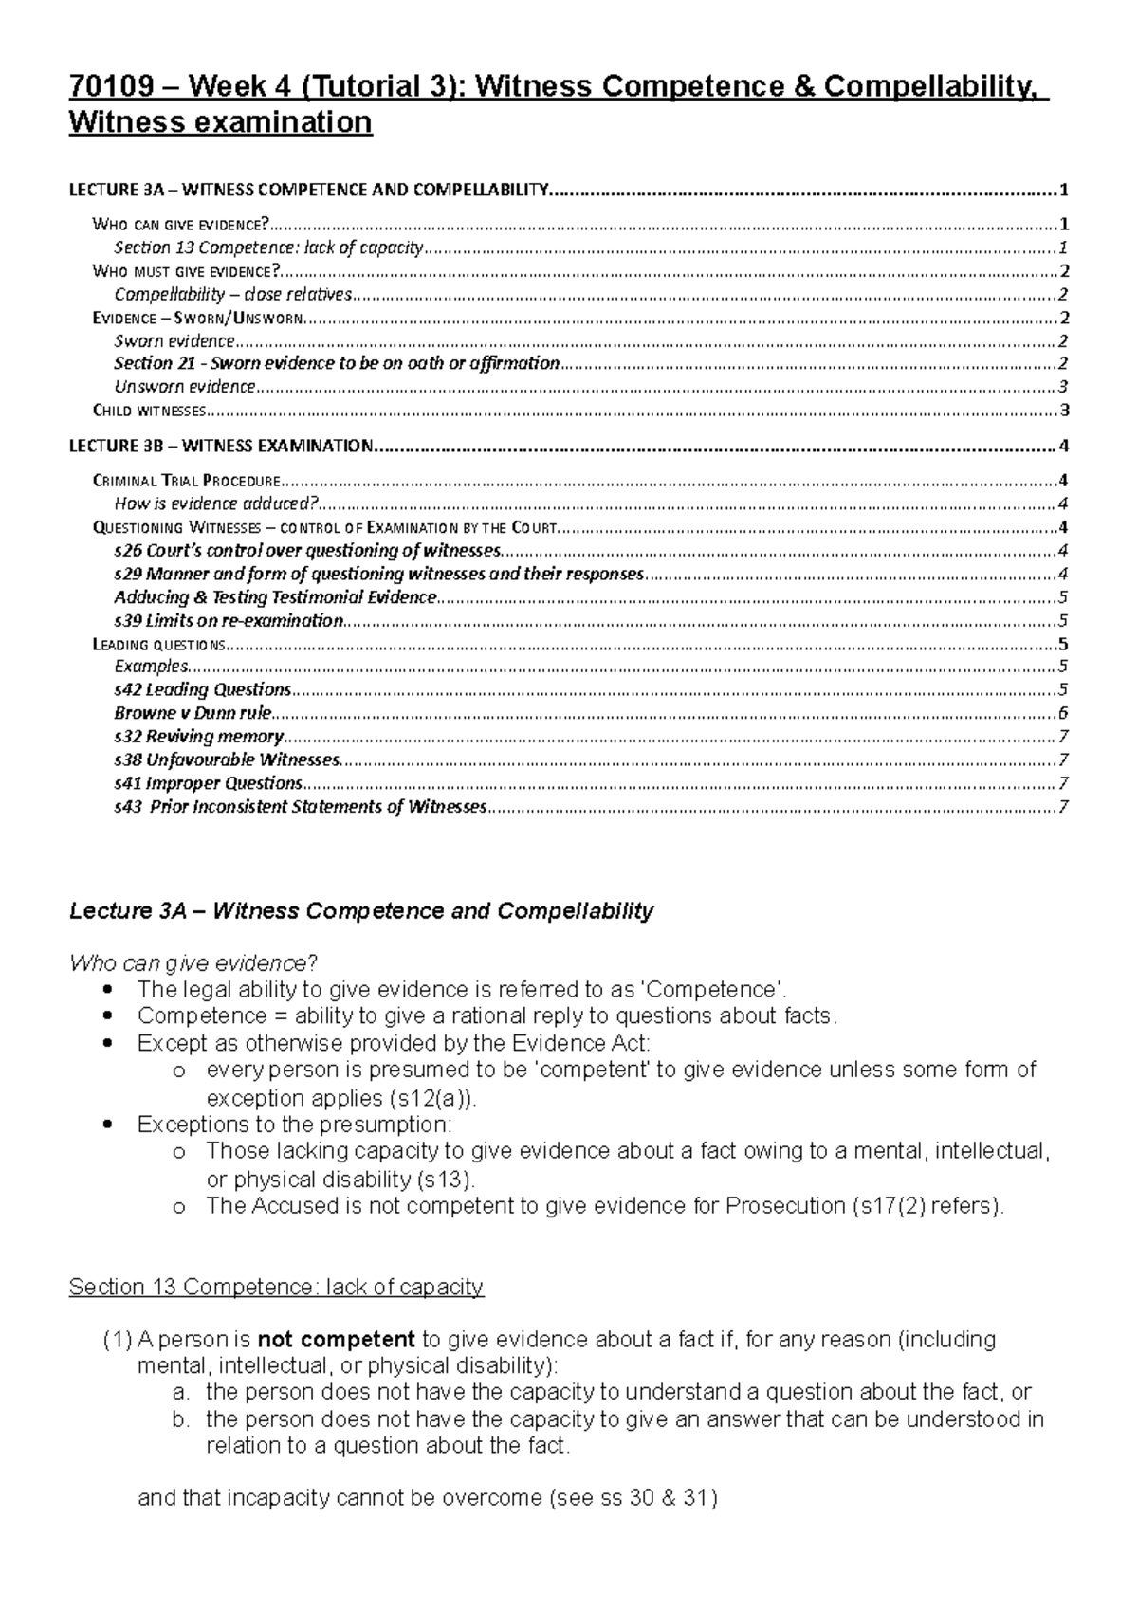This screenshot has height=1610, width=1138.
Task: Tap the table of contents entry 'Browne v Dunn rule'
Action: coord(193,712)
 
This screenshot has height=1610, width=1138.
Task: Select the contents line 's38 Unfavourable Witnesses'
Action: coord(227,759)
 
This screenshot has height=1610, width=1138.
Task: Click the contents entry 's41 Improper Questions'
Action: coord(208,783)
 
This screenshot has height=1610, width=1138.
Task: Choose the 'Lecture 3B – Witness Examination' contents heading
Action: coord(221,446)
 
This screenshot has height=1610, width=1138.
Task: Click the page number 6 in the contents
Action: coord(1064,713)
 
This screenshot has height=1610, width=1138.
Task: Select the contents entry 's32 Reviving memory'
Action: coord(198,737)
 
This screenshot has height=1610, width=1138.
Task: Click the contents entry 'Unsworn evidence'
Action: coord(185,387)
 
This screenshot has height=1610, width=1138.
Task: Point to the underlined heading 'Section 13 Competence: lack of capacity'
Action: coord(276,1287)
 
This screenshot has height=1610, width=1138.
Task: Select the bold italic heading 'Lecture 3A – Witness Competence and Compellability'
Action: coord(361,911)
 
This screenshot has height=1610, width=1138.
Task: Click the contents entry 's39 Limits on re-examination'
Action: coord(229,620)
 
